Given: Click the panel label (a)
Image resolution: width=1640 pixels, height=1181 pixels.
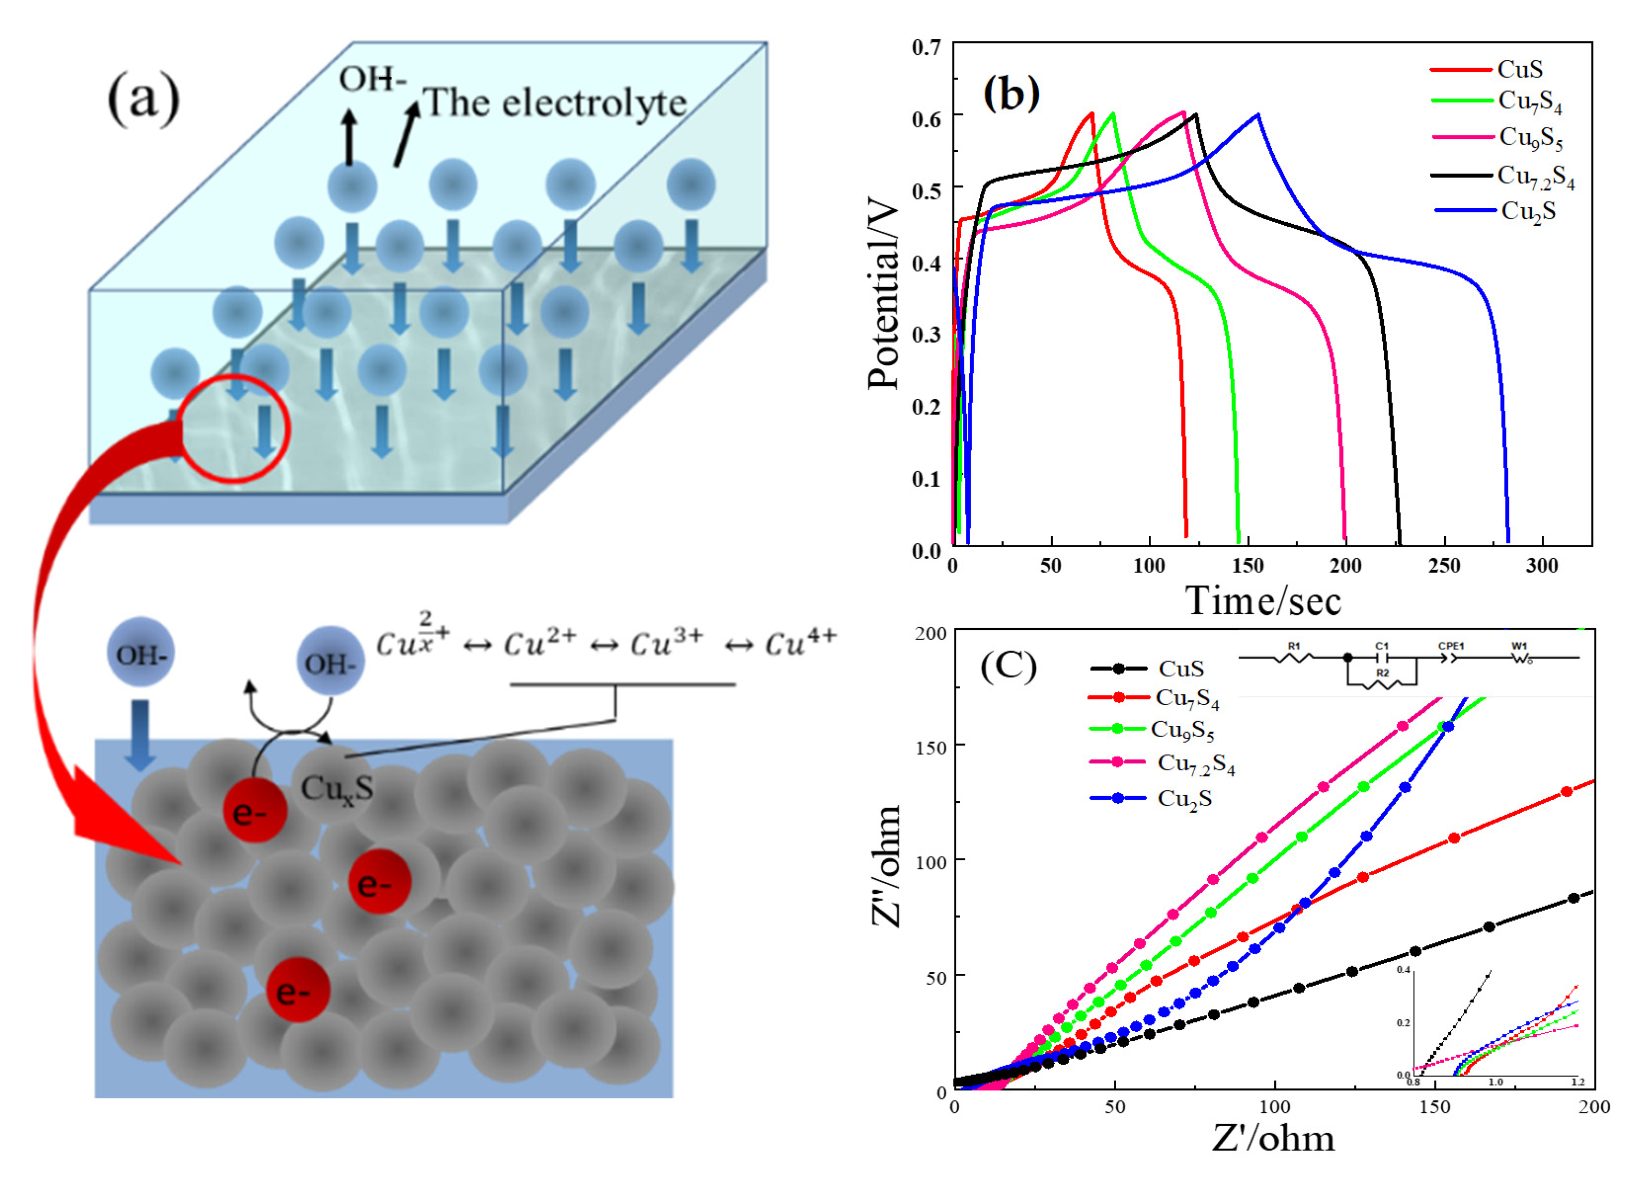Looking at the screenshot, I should (x=143, y=98).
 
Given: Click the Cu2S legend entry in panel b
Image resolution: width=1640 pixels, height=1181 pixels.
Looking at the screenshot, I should (x=1527, y=211).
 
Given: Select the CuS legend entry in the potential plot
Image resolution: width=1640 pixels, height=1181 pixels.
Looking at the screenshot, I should (x=1519, y=69).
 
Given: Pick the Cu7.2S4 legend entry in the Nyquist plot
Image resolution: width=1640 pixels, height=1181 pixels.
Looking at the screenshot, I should (x=1195, y=764).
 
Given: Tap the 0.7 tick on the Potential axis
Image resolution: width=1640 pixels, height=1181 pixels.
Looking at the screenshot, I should (x=926, y=48).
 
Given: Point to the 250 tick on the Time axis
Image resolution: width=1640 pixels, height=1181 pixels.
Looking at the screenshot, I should (x=1444, y=566).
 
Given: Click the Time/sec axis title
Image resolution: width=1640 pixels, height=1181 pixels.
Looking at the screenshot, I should (x=1262, y=601).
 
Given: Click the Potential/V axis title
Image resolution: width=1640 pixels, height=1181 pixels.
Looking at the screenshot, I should (x=884, y=297).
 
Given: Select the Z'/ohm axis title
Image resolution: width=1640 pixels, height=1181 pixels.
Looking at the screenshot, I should (x=1273, y=1138).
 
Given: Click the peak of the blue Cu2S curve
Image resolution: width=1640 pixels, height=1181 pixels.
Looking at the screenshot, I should (x=1258, y=114).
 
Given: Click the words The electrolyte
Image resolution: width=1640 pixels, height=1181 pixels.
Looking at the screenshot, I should (x=554, y=103).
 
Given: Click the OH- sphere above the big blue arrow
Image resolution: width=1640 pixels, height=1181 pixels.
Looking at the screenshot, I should (x=141, y=653).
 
